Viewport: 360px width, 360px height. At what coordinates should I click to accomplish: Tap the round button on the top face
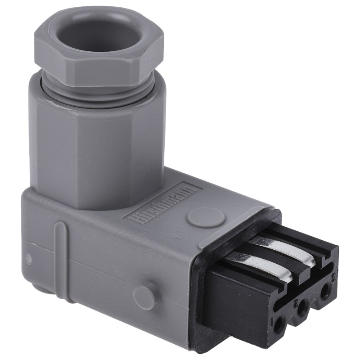[x=206, y=217]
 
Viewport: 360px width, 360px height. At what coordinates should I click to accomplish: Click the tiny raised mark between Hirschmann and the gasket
[x=179, y=237]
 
